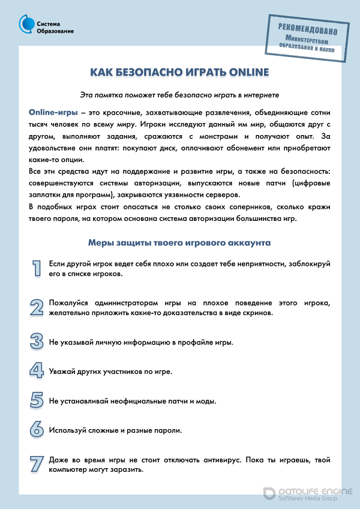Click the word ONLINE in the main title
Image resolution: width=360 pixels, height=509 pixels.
(245, 73)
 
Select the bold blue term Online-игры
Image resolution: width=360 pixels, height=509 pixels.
(50, 112)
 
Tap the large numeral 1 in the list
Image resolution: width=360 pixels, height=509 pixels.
(37, 268)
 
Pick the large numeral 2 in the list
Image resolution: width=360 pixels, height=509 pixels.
(37, 307)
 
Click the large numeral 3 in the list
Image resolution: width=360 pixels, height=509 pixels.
(37, 342)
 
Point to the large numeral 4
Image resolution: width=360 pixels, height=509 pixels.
(37, 371)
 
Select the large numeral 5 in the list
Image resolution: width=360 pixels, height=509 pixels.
(37, 400)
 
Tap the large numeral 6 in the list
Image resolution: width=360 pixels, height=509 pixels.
(37, 429)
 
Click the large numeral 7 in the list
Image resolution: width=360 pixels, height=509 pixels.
(37, 463)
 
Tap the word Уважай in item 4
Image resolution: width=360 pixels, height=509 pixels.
(63, 372)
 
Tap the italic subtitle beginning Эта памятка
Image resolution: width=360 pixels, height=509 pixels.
(179, 94)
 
